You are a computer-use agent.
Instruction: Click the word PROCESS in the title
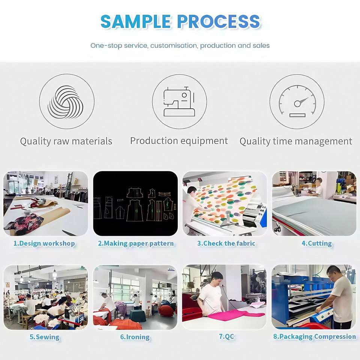tap(219, 22)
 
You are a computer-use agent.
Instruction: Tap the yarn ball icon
tap(66, 102)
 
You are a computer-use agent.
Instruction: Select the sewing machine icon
tap(179, 102)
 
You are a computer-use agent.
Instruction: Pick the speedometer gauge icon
tap(297, 102)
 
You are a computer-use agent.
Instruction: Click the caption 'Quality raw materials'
tap(66, 141)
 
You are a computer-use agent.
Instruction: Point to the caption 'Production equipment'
tap(179, 141)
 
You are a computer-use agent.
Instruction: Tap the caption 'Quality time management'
tap(296, 141)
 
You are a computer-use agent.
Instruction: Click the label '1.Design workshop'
tap(44, 244)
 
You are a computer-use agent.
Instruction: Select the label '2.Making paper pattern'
tap(136, 244)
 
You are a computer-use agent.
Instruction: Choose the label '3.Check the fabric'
tap(226, 244)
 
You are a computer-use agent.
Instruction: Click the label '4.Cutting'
tap(316, 244)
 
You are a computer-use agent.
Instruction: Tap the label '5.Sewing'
tap(44, 337)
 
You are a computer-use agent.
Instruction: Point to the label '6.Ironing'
tap(135, 337)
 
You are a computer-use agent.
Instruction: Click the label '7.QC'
tap(226, 337)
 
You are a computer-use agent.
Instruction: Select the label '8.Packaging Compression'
tap(314, 337)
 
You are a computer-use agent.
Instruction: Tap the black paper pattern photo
tap(135, 204)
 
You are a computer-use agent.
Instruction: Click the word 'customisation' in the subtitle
tap(174, 46)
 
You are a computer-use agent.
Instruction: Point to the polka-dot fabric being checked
tap(225, 199)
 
